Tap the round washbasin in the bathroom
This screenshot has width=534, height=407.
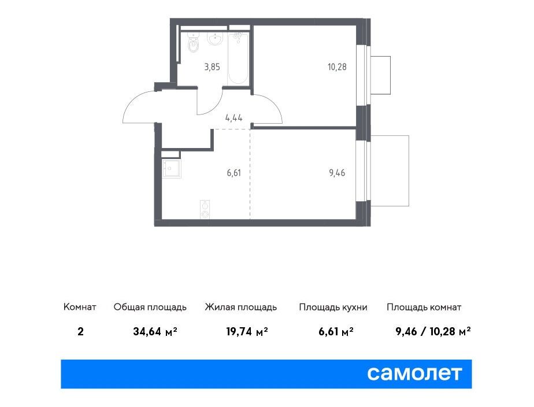[215, 39]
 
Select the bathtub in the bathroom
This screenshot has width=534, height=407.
[238, 58]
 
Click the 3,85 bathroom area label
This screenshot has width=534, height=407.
[212, 66]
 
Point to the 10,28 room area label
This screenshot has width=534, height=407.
[337, 66]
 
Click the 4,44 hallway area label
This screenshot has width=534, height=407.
[233, 118]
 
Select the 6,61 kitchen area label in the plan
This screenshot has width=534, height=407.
[233, 173]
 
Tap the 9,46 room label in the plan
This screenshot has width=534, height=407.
[337, 173]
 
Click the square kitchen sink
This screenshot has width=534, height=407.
[171, 169]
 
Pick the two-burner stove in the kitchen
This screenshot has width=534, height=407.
[205, 209]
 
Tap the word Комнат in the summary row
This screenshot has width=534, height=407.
[80, 307]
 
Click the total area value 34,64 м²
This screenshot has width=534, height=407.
[155, 331]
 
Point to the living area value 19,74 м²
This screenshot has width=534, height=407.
[247, 331]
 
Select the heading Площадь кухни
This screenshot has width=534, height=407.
[333, 307]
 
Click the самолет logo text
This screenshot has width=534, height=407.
[414, 373]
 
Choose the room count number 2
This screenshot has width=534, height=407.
[80, 331]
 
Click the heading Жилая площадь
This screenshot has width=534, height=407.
[241, 307]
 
